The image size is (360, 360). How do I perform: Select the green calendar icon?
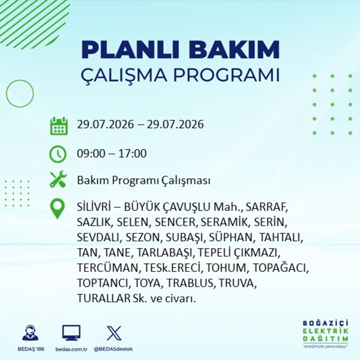(58, 126)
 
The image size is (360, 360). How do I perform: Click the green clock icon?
(58, 154)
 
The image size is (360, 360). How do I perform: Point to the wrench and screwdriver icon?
(58, 179)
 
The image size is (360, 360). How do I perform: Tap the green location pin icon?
(57, 209)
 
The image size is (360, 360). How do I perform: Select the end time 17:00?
(133, 154)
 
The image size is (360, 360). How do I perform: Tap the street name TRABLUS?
(190, 283)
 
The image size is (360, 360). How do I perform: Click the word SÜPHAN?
(231, 237)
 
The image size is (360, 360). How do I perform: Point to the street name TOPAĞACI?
(280, 268)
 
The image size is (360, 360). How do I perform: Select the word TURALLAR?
(103, 298)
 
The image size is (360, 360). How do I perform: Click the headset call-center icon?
(30, 332)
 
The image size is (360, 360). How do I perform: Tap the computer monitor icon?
(71, 333)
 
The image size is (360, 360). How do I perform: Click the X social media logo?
(114, 333)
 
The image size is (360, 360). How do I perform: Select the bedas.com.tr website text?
(71, 349)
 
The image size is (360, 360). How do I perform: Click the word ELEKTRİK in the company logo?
(325, 331)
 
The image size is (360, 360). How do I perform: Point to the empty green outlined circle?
(20, 80)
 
